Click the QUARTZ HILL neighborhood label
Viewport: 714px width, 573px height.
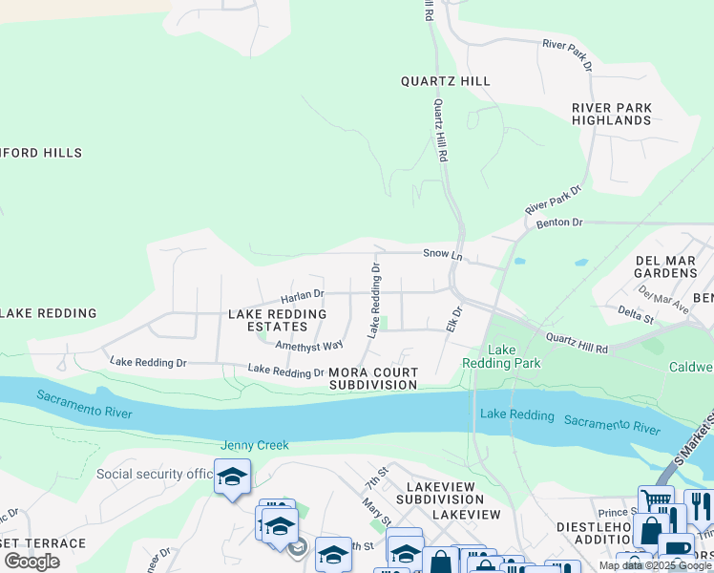click(446, 81)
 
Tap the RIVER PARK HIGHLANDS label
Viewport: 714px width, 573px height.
click(612, 115)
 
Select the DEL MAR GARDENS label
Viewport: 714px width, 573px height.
click(666, 266)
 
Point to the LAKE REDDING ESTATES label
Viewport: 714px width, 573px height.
click(277, 321)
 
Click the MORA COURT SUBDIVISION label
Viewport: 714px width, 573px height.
click(373, 378)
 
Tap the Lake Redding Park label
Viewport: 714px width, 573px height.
click(501, 357)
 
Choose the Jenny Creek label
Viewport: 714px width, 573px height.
click(254, 445)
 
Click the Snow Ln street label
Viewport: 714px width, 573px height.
click(443, 255)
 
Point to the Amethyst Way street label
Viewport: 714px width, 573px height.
click(308, 346)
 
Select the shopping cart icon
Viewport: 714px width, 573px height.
click(656, 502)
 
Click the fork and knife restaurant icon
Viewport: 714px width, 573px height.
click(699, 505)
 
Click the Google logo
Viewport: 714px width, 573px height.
click(31, 562)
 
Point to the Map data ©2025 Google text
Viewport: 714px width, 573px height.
click(655, 565)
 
